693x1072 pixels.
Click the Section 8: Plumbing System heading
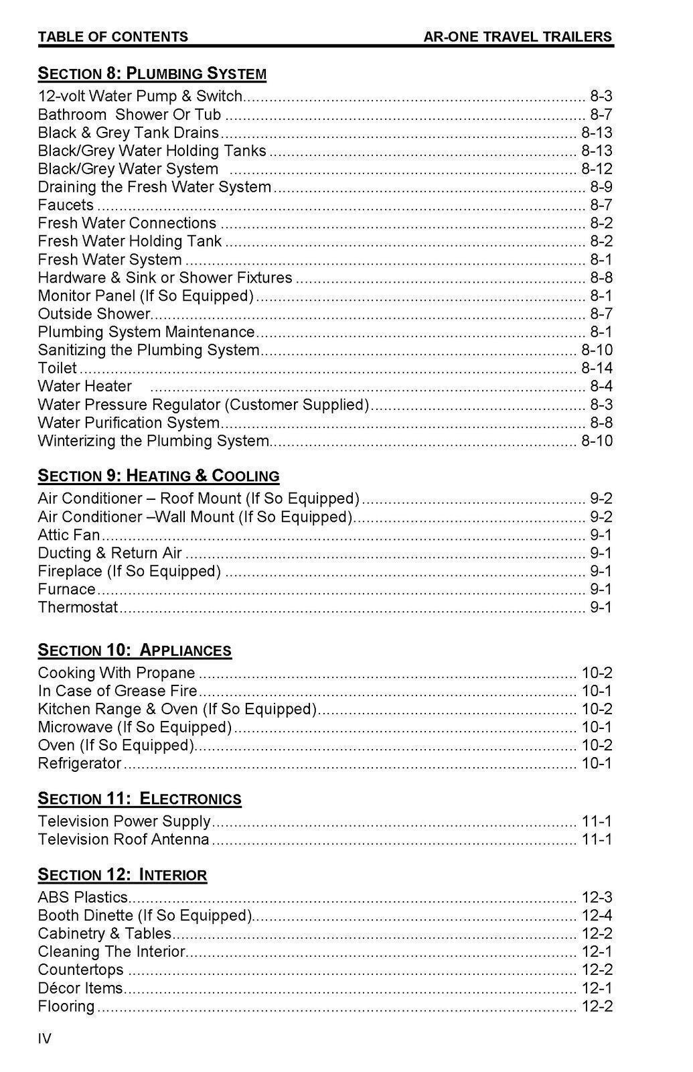152,74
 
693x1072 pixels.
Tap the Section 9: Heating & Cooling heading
158,476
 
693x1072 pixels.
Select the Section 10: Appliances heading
135,651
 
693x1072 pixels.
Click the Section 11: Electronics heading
139,799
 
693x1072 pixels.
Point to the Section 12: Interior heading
123,875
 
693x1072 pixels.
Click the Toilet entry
58,368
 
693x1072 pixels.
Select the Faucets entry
66,205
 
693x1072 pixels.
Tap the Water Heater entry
85,386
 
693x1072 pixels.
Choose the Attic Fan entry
69,535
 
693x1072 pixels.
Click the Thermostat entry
78,607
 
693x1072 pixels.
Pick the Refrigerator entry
80,763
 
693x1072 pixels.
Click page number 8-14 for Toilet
597,368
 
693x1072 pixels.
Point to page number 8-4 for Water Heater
601,386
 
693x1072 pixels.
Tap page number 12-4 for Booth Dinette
597,915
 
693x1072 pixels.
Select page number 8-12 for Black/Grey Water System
597,169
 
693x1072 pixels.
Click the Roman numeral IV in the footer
45,1039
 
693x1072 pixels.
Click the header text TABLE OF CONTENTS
113,37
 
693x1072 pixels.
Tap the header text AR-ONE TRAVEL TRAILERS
518,37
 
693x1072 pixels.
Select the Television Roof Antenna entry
124,840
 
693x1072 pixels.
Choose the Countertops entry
81,969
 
